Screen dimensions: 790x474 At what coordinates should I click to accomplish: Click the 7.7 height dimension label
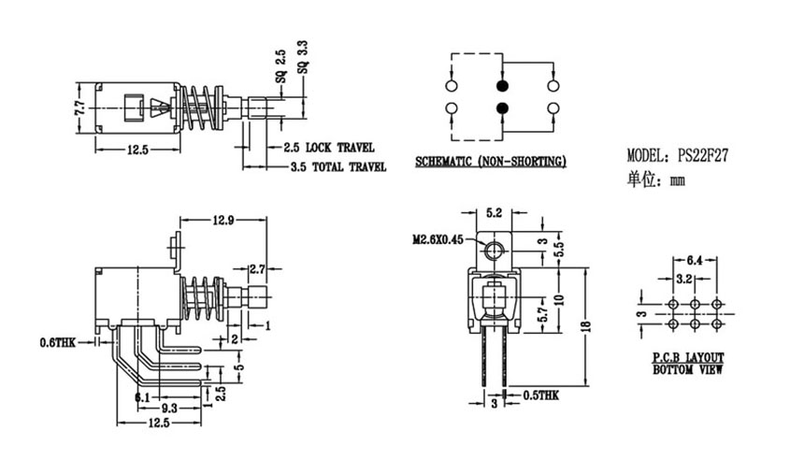(80, 108)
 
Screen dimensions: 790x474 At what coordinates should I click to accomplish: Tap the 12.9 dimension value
(223, 220)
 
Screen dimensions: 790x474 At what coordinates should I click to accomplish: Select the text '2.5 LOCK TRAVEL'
(328, 148)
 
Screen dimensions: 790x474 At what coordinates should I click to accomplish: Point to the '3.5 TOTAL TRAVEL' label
(338, 166)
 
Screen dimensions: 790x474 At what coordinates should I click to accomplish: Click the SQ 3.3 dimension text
(303, 57)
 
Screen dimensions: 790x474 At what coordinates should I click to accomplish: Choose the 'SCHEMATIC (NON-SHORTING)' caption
(491, 162)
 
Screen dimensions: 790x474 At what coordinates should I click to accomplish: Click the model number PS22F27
(703, 155)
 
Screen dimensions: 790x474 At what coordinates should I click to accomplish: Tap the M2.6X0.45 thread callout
(438, 239)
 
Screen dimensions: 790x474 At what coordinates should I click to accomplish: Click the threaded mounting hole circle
(494, 251)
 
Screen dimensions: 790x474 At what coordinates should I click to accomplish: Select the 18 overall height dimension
(585, 326)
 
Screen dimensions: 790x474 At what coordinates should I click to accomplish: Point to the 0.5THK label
(540, 395)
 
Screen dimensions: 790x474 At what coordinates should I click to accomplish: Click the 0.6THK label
(57, 343)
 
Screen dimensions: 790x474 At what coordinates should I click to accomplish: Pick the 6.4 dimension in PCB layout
(695, 261)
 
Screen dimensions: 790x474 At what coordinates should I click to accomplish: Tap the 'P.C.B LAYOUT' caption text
(688, 358)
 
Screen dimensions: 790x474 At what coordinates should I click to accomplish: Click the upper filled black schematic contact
(502, 86)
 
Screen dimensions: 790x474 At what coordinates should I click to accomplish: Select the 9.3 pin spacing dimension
(169, 408)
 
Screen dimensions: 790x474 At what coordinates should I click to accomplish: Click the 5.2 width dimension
(494, 213)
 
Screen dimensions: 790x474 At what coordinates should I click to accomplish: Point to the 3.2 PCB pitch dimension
(683, 279)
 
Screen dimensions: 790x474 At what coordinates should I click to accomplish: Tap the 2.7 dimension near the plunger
(257, 269)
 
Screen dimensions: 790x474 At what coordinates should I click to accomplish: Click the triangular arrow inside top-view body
(158, 108)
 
